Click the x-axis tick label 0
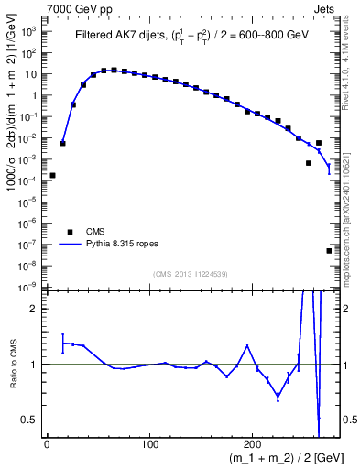point(47,444)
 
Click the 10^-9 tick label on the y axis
point(30,287)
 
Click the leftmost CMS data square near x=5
point(52,175)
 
